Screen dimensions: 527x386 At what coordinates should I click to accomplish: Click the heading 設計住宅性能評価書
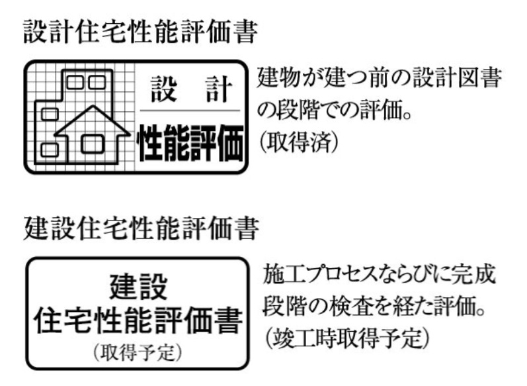point(140,32)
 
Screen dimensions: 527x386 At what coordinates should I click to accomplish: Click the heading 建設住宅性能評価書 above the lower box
point(141,228)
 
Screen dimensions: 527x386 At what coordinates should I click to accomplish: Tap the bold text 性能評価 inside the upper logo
point(190,142)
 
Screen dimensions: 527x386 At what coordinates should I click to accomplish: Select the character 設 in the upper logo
point(164,89)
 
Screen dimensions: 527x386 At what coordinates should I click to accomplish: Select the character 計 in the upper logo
point(219,89)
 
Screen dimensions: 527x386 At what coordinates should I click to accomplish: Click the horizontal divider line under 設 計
point(190,111)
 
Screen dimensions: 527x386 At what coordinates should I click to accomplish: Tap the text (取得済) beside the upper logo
point(298,142)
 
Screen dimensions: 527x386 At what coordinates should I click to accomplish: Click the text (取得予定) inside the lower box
point(138,352)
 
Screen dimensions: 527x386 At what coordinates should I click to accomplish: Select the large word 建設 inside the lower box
point(138,287)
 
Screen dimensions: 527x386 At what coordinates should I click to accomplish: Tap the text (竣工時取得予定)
point(347,338)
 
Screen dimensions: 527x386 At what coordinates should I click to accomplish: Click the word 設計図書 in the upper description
point(457,77)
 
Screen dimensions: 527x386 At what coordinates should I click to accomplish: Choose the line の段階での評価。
point(335,110)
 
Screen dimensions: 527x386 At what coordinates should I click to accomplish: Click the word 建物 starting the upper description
point(279,77)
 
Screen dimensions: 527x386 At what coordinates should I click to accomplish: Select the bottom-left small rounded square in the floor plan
point(50,150)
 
